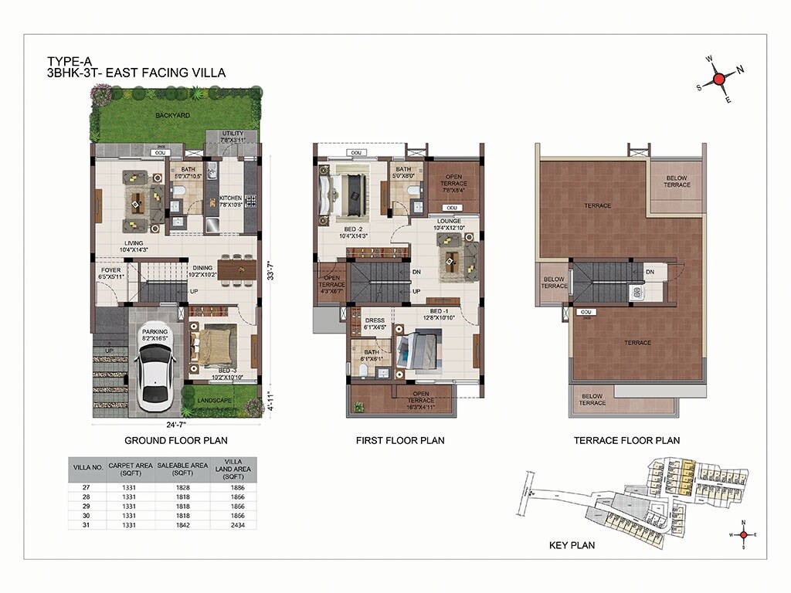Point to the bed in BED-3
209,344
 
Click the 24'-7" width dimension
174,423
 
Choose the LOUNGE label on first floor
448,222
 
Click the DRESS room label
375,321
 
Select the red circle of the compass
719,79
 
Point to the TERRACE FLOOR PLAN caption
626,441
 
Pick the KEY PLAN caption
571,545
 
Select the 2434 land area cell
233,524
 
